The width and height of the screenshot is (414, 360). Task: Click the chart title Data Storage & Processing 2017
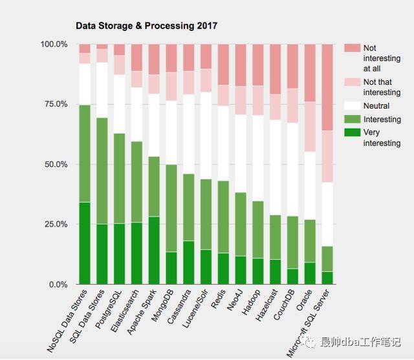(x=147, y=27)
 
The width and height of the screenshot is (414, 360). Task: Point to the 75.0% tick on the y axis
(x=54, y=104)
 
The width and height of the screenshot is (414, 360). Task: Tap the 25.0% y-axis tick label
(x=54, y=225)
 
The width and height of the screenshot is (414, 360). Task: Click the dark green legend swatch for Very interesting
(x=352, y=133)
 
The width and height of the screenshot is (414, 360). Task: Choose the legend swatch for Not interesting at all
(x=352, y=48)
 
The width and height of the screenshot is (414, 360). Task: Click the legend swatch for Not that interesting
(x=352, y=82)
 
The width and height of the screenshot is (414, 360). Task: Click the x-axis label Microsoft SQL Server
(x=310, y=324)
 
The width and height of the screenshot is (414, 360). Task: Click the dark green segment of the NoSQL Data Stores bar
(x=84, y=243)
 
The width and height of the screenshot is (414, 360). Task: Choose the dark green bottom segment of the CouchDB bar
(x=292, y=276)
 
